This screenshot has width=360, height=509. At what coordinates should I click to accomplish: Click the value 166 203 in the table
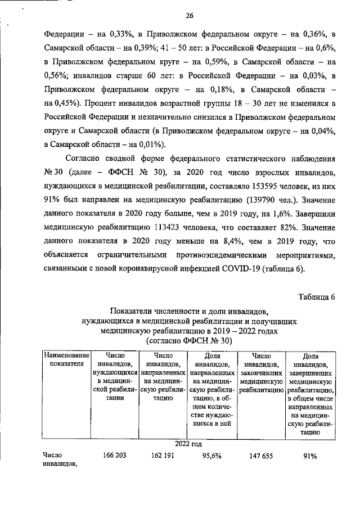tap(114, 456)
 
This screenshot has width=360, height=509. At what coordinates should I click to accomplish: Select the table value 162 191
tap(163, 456)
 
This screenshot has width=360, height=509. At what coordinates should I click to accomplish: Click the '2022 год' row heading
tap(188, 444)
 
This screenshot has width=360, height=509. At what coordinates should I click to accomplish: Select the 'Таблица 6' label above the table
tap(316, 297)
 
